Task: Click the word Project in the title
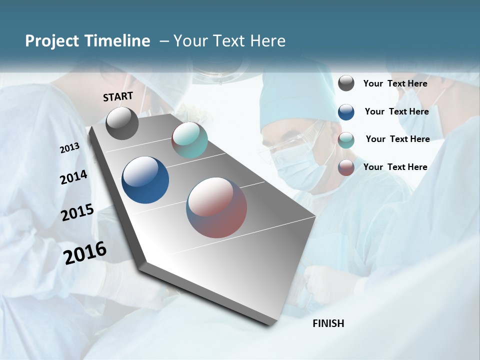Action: click(x=52, y=41)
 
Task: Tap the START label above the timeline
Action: click(x=118, y=96)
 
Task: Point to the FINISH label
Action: click(x=328, y=323)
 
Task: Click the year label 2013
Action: click(x=69, y=148)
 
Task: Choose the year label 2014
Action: click(x=73, y=177)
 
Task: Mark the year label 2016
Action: click(x=85, y=253)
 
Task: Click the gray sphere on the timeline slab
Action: click(x=122, y=123)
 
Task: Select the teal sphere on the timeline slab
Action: click(x=189, y=140)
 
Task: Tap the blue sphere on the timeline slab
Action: click(x=145, y=180)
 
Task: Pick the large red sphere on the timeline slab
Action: click(x=216, y=207)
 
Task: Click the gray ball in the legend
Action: click(x=346, y=83)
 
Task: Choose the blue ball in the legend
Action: click(x=346, y=111)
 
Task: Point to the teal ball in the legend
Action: click(x=346, y=140)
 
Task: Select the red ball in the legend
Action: click(x=346, y=167)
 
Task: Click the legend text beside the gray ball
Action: click(x=395, y=83)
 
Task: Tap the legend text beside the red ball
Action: click(x=395, y=167)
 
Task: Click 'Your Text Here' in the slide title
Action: click(x=229, y=41)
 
